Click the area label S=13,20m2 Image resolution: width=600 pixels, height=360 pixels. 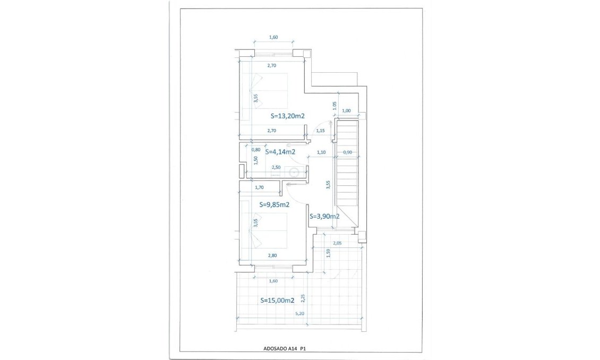click(287, 115)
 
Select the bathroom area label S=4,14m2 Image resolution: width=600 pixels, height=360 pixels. click(280, 152)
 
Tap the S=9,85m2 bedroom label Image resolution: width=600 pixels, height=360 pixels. click(274, 204)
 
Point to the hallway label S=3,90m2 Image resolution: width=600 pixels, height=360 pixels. click(324, 216)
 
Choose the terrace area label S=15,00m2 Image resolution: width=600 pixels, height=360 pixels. click(277, 300)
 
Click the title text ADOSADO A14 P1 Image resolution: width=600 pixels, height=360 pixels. click(285, 349)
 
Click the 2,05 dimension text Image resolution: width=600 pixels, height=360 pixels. click(337, 243)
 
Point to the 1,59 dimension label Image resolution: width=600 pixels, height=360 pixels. click(329, 254)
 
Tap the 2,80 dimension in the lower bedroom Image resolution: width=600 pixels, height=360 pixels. click(272, 255)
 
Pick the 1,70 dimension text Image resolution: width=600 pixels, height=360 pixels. click(260, 187)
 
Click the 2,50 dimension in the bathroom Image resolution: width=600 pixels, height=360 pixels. click(276, 167)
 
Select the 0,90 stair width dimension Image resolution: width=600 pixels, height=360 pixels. click(347, 152)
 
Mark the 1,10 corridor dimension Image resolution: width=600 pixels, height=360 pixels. click(321, 152)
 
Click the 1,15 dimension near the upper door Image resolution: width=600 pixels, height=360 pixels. click(320, 130)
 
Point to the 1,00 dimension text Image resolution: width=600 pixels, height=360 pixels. click(346, 110)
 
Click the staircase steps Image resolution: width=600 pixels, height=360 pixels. click(348, 165)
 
